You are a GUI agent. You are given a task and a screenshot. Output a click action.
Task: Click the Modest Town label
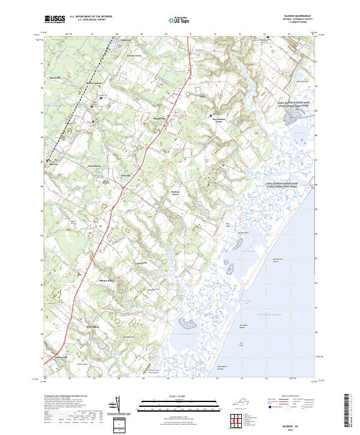[175, 193]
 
